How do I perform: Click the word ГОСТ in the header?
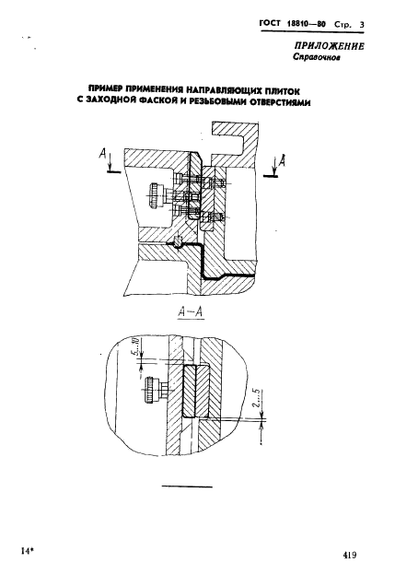[x=269, y=23]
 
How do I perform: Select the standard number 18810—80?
[x=306, y=24]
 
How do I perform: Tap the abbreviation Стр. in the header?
[x=343, y=25]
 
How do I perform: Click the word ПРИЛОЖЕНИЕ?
[x=329, y=46]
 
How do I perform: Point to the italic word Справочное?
[x=316, y=57]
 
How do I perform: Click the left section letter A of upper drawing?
[x=103, y=154]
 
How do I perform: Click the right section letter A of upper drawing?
[x=283, y=160]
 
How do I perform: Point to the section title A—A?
[x=190, y=312]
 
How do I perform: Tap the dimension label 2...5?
[x=257, y=399]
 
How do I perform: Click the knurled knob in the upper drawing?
[x=154, y=195]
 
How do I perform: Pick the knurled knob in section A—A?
[x=151, y=390]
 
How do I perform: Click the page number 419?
[x=350, y=556]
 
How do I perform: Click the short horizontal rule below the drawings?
[x=187, y=486]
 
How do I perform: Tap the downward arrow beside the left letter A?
[x=110, y=160]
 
